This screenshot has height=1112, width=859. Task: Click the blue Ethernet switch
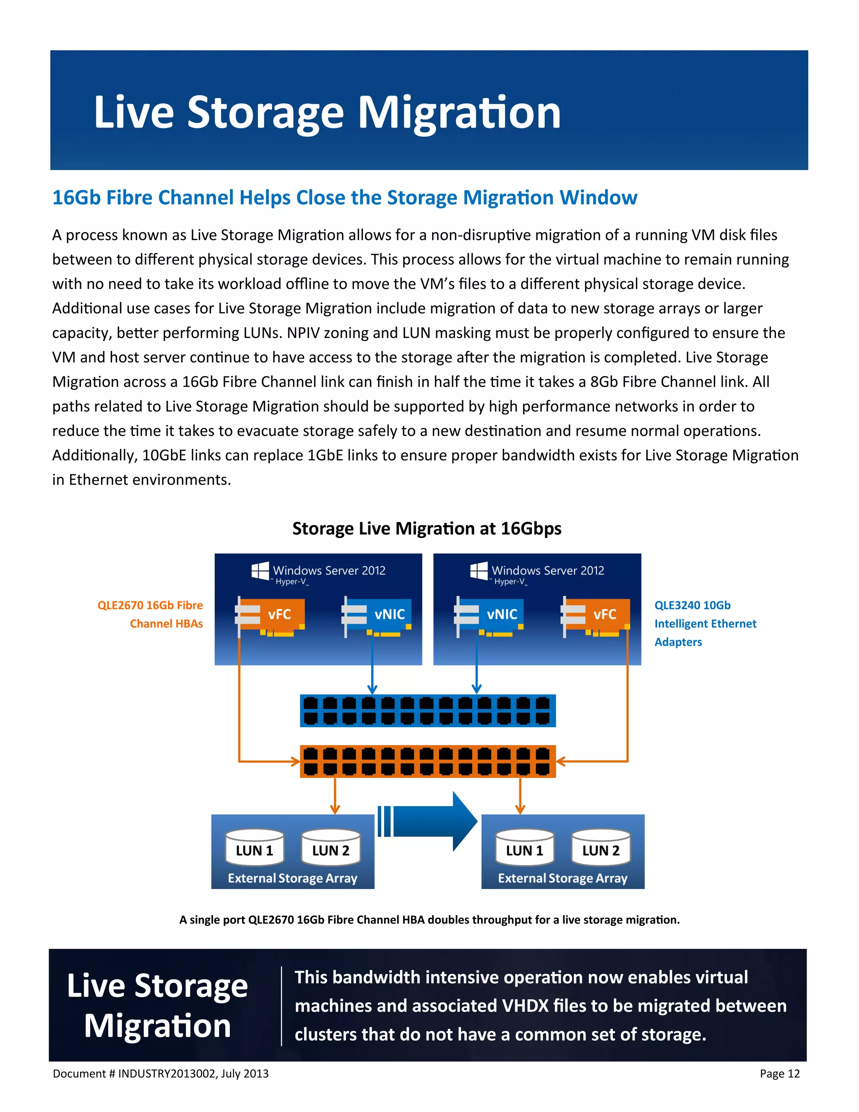click(x=427, y=711)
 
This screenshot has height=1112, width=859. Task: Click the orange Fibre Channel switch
click(x=427, y=762)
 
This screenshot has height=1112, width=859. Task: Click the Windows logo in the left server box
click(x=260, y=571)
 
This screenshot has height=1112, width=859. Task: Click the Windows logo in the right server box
click(x=479, y=571)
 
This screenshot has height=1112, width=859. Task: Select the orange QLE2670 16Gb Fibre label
click(x=150, y=606)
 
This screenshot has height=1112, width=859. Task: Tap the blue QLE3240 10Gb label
click(x=692, y=606)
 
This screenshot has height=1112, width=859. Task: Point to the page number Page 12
click(x=779, y=1074)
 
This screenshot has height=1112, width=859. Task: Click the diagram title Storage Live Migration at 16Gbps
click(x=427, y=528)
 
